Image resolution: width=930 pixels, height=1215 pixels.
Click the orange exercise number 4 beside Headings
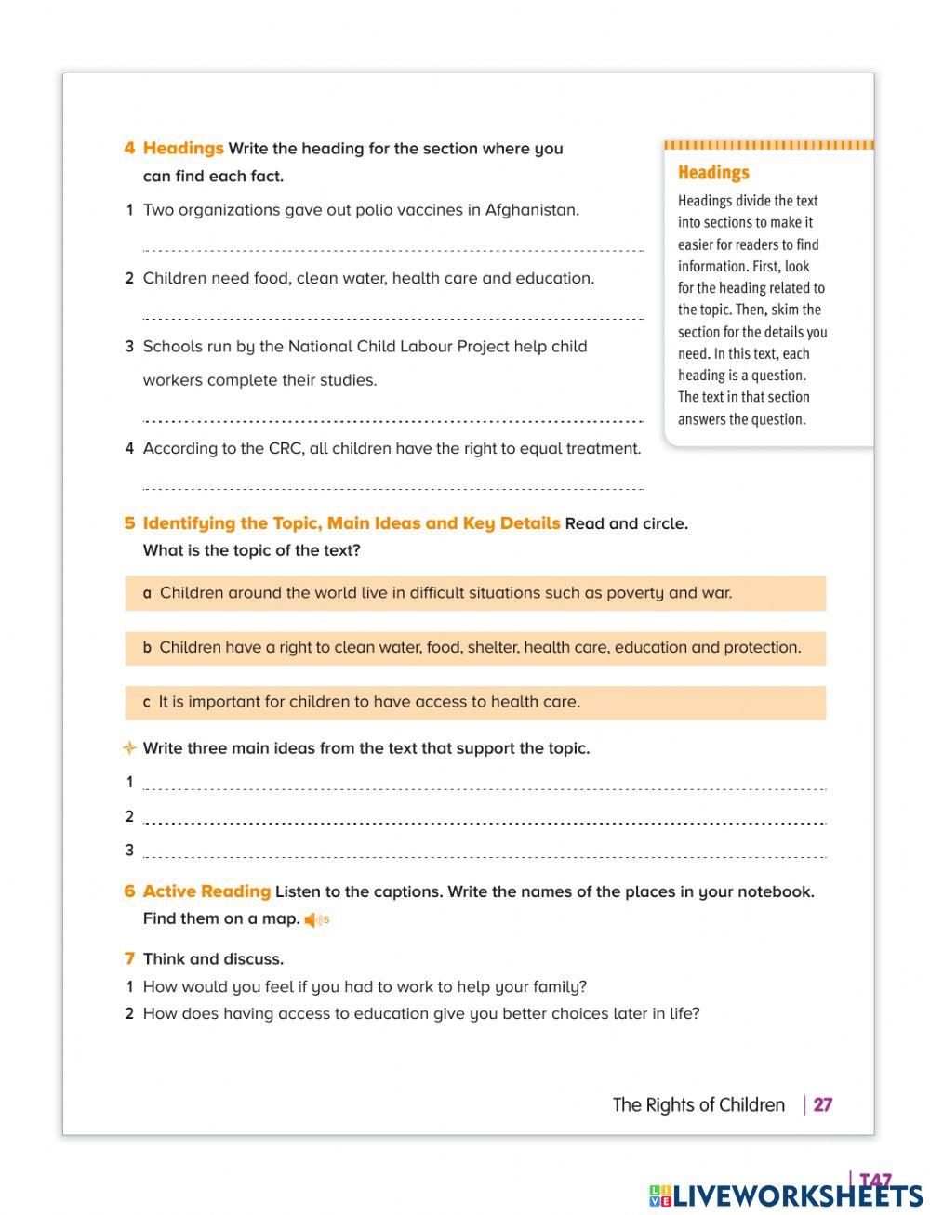tap(129, 149)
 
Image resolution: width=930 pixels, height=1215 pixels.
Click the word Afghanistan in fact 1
tap(531, 210)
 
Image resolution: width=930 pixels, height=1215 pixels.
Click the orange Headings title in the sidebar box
tap(713, 173)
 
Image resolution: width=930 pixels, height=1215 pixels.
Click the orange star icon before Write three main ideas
tap(129, 748)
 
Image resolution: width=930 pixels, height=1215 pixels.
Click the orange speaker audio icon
tap(312, 920)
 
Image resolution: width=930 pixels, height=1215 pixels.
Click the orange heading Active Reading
tap(206, 891)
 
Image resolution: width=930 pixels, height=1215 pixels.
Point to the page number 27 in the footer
tap(823, 1105)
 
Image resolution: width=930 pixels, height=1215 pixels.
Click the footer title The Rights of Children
tap(698, 1105)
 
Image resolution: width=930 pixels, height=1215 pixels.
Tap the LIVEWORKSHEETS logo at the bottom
tap(786, 1195)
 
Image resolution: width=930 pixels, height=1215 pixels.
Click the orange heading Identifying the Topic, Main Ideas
tap(351, 523)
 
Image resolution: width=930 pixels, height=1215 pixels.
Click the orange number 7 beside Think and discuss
tap(129, 958)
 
